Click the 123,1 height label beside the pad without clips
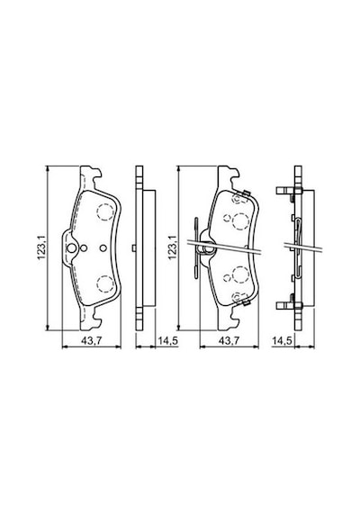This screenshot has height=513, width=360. (40, 247)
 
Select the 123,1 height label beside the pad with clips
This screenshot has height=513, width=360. (172, 247)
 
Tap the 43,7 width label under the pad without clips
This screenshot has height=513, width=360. (92, 341)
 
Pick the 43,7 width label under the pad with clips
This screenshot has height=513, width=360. (229, 341)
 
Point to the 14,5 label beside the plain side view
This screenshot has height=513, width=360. (168, 341)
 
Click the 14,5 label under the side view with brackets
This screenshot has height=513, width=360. (282, 341)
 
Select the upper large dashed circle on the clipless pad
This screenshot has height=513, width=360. (105, 211)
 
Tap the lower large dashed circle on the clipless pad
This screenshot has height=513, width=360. (106, 283)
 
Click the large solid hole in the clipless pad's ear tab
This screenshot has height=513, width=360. (71, 248)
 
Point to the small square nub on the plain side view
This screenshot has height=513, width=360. (134, 248)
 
